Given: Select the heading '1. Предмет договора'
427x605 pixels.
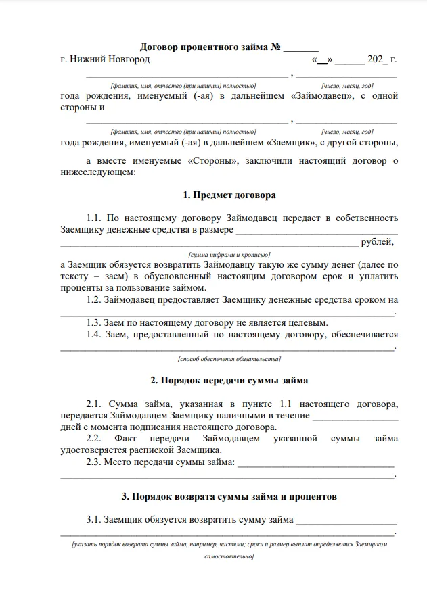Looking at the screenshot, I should (229, 196).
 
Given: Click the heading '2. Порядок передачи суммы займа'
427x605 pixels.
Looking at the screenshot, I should (229, 380).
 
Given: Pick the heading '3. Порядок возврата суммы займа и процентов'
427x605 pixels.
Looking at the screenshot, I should (229, 497).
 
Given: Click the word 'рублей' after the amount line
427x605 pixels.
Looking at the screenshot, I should (377, 242).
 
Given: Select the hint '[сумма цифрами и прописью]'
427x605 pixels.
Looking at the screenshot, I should (229, 255).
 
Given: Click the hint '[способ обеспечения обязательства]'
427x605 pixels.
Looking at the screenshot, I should (229, 359).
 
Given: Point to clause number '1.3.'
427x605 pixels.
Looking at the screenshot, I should (94, 322).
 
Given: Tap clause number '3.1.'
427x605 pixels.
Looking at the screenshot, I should (93, 520).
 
